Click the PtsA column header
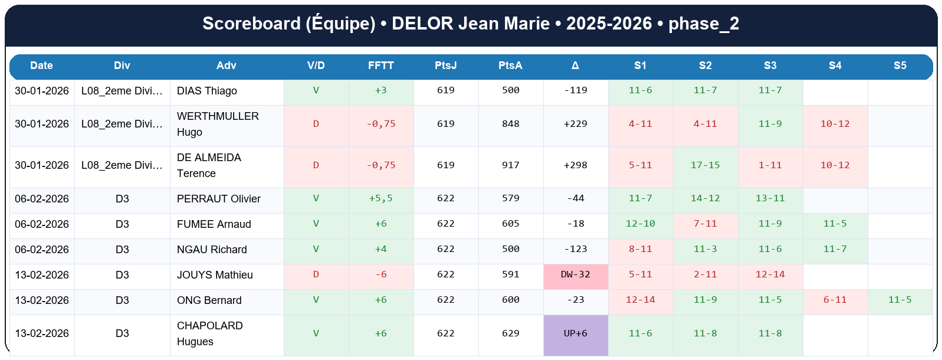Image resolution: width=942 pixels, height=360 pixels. pos(510,66)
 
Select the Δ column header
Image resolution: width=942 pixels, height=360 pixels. pos(575,66)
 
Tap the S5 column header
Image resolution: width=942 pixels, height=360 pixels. pos(900,66)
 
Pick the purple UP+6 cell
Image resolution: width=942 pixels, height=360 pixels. pos(575,333)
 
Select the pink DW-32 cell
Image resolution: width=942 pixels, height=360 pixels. pos(575,274)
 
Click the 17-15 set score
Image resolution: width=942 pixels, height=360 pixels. pos(705,165)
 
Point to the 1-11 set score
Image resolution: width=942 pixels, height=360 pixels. pos(770,165)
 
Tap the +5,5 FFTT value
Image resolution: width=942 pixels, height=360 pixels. pos(380,198)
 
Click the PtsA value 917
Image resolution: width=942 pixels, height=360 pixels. pos(510,165)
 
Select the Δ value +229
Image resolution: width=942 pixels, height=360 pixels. pos(575,124)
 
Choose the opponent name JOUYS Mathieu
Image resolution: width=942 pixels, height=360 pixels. pos(215,275)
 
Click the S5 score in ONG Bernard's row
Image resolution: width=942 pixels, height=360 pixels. pos(900,300)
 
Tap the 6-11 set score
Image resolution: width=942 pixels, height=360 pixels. pos(835,300)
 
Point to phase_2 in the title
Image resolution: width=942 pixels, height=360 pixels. pos(703,24)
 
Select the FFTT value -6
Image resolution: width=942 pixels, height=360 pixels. pos(380,274)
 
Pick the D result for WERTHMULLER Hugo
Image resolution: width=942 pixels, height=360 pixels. pos(316,124)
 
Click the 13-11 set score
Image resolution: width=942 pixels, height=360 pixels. pos(770,198)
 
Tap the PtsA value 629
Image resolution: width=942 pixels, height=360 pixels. pos(510,333)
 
